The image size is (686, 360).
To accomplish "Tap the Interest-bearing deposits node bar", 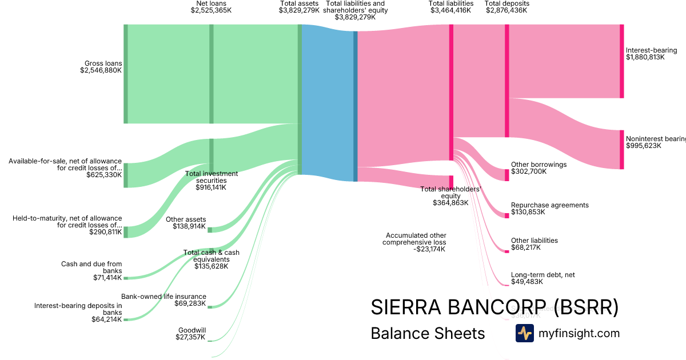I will tap(622, 61).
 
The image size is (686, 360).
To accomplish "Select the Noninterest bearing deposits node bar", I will tap(622, 150).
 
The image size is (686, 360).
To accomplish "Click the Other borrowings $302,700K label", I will tap(539, 168).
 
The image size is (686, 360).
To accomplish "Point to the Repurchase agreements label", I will tap(549, 209).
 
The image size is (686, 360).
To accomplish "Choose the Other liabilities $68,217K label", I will tap(534, 244).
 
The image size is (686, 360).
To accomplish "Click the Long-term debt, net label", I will tap(543, 278).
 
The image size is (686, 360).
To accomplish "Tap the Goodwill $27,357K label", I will tap(191, 334).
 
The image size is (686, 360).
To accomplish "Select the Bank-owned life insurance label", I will tap(163, 299).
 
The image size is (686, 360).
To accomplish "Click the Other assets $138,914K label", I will tap(186, 223).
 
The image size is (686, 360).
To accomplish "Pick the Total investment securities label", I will tap(211, 180).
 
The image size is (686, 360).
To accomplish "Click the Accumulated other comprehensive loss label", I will tap(416, 242).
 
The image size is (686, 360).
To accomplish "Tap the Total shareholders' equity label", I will tap(450, 195).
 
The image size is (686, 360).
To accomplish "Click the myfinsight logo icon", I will tap(524, 333).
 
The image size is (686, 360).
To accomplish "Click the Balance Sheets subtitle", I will tap(428, 333).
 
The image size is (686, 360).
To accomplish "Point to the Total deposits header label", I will tap(506, 7).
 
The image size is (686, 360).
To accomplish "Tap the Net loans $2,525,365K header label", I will tap(211, 7).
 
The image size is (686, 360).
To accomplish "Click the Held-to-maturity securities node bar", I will tap(126, 231).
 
